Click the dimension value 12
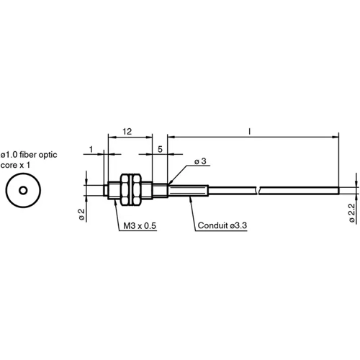coord(127,132)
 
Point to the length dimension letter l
coord(249,132)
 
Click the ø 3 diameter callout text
coord(201,161)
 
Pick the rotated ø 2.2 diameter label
coord(351,214)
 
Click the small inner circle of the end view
coord(23,191)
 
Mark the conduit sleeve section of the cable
coord(189,190)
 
